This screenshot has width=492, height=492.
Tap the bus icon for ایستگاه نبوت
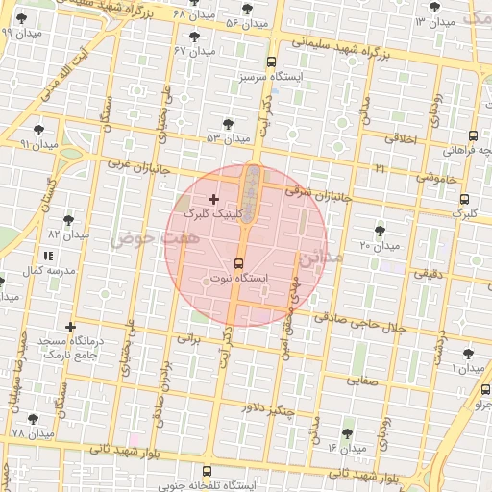click(238, 262)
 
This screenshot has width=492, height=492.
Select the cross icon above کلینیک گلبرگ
click(213, 198)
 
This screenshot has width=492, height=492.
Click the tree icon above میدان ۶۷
click(195, 37)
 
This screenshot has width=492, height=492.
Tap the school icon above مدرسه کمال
click(47, 257)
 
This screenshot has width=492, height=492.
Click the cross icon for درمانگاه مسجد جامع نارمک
click(70, 328)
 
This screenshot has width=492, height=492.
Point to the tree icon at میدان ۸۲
click(68, 219)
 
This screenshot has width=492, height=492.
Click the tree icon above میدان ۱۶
click(347, 434)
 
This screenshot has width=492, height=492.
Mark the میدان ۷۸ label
click(31, 434)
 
